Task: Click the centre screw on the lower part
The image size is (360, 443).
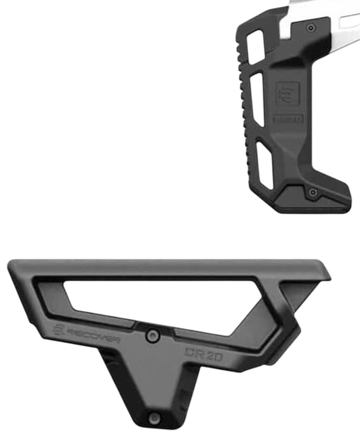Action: coord(152,335)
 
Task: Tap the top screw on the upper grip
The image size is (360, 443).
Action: coord(311,28)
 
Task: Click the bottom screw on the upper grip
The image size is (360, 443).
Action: coord(312,192)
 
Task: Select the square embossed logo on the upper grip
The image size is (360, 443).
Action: coord(287,94)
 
